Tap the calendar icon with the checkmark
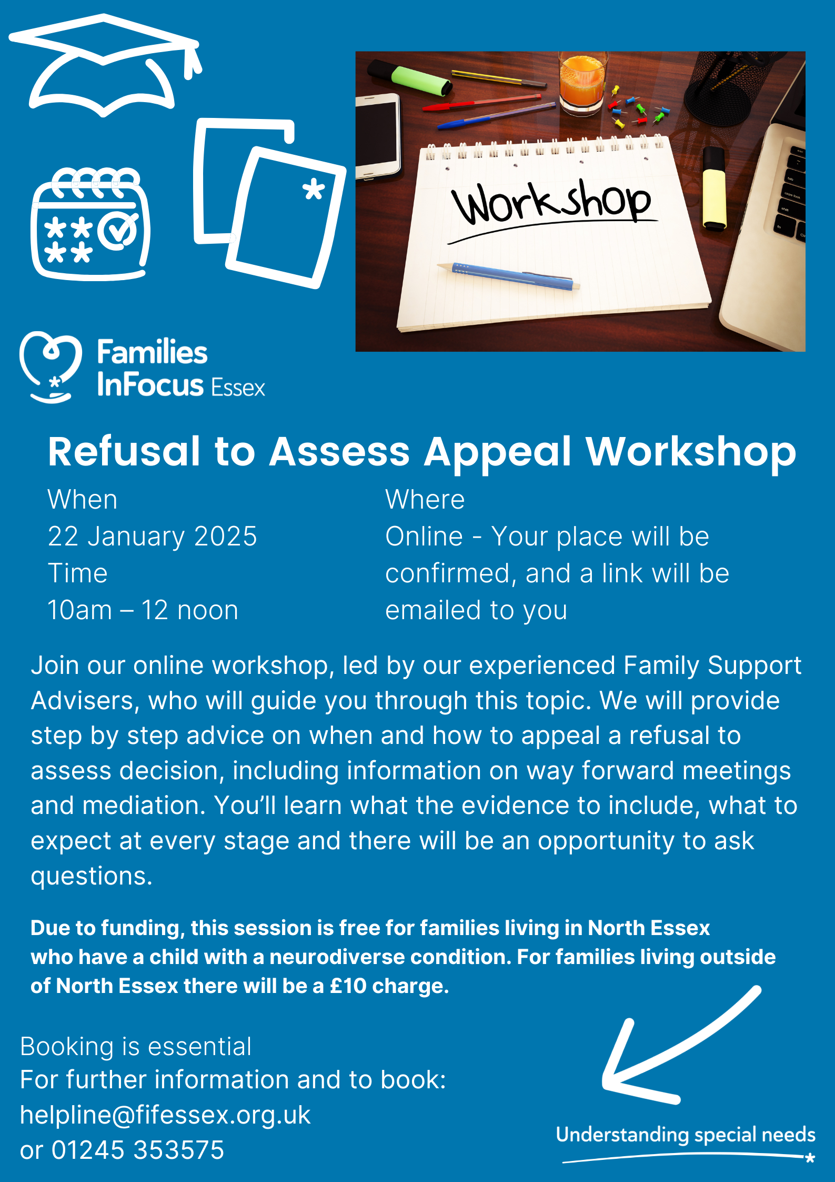90,224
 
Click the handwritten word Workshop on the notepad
551,203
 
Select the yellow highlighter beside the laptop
714,190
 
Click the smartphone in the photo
377,136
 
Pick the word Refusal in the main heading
124,451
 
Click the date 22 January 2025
152,537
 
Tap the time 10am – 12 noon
143,610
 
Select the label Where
425,500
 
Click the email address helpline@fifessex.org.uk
165,1115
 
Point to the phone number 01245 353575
137,1150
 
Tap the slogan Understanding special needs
686,1135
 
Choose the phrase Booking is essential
136,1047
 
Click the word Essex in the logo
238,388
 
